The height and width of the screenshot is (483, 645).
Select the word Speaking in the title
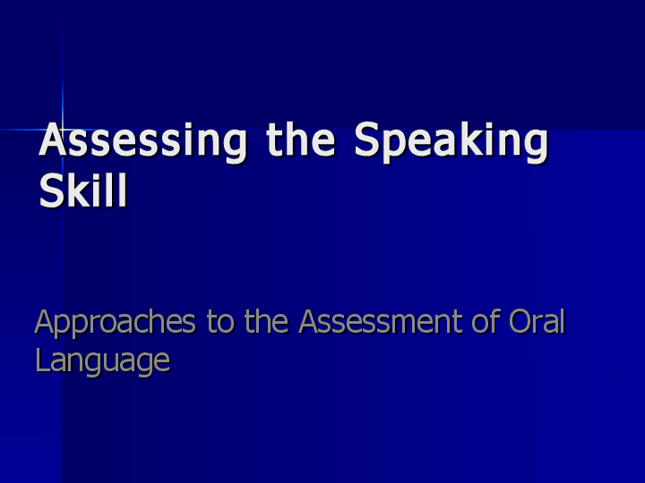tap(451, 143)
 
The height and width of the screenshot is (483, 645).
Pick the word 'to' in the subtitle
tap(221, 322)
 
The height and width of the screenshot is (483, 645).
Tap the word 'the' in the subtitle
tap(266, 322)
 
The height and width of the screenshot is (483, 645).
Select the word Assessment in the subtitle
tap(389, 322)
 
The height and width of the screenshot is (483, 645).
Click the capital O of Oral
tap(521, 322)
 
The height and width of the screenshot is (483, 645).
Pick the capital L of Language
tap(42, 360)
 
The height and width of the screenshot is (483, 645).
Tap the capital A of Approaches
tap(45, 322)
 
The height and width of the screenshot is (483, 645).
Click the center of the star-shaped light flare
tap(63, 130)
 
